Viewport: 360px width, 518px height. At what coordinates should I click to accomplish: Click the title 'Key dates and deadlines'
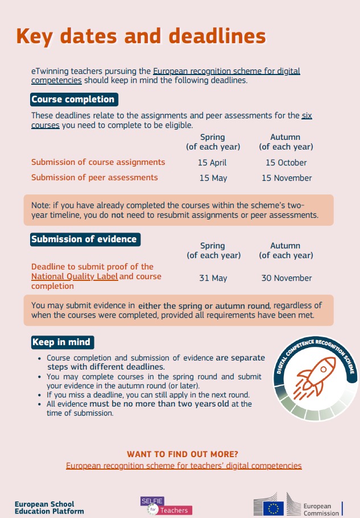coord(141,36)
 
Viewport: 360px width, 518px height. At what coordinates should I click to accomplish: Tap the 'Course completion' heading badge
coord(73,100)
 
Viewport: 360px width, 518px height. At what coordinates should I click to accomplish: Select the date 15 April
coord(212,163)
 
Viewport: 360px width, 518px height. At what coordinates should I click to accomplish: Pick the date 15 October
coord(285,163)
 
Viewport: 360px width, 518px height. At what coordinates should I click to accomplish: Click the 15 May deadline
coord(213,178)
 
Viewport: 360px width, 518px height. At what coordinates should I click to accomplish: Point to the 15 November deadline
coord(286,178)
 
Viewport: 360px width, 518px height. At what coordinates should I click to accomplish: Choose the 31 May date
coord(213,278)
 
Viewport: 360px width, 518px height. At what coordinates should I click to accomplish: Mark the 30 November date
coord(286,278)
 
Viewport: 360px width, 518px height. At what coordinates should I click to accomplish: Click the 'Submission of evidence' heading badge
coord(84,239)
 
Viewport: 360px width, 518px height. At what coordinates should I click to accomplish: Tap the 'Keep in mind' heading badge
coord(61,342)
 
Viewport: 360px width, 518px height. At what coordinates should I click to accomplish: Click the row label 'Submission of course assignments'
coord(98,163)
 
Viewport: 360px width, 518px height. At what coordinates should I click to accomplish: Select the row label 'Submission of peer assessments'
coord(94,177)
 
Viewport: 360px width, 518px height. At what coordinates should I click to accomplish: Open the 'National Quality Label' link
coord(75,277)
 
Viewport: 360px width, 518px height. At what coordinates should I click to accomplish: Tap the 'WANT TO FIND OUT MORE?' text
coord(183,454)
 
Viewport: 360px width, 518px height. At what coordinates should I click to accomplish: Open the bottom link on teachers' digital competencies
coord(184,466)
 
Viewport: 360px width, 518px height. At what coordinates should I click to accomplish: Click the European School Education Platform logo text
coord(49,508)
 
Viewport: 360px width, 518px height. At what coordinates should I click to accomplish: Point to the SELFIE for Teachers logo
coord(166,505)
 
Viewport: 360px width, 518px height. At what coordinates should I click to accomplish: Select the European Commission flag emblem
coord(275,507)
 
